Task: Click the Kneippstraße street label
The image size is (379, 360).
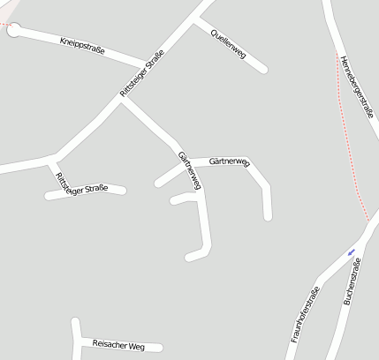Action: click(82, 46)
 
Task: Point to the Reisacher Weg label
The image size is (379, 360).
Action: click(118, 345)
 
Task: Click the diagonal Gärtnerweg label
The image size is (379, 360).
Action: click(189, 170)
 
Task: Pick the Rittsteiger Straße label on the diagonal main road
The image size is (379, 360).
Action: click(141, 76)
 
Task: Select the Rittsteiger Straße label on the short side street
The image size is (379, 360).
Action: click(81, 185)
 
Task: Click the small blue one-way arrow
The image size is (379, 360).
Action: click(352, 251)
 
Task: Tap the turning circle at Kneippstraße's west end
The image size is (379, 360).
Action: click(13, 29)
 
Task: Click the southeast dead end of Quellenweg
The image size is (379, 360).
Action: click(263, 69)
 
